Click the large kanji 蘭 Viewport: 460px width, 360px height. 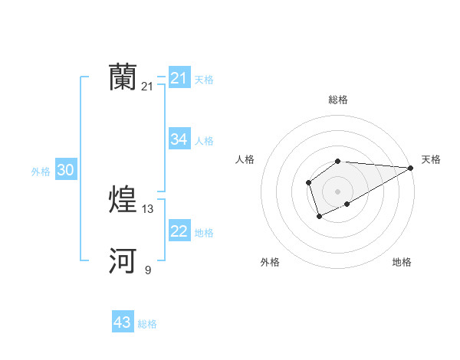[x=123, y=77]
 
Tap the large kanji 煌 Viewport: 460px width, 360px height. [x=123, y=199]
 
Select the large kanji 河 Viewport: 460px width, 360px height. [x=123, y=261]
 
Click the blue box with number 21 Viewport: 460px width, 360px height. [x=179, y=78]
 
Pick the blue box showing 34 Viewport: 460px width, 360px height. [x=179, y=139]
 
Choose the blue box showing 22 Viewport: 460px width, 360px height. [x=179, y=231]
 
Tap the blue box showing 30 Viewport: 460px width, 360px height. [x=65, y=171]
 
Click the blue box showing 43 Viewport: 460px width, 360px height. [x=122, y=322]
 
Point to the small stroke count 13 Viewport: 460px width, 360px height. [x=148, y=208]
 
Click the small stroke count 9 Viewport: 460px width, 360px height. [x=148, y=270]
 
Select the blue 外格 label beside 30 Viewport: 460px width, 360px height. [x=41, y=172]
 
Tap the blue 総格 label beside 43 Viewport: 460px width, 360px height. [x=147, y=324]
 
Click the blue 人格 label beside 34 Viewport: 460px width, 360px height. [x=204, y=141]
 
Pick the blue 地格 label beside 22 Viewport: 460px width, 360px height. [x=204, y=233]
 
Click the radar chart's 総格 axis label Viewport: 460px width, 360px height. [x=338, y=100]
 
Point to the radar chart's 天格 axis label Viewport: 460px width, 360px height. [x=432, y=159]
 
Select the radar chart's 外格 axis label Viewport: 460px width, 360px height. [x=270, y=262]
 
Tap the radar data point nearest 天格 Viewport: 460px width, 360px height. [x=412, y=168]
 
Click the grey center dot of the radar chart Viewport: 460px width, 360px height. [x=338, y=191]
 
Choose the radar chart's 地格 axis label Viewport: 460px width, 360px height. [x=402, y=262]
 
